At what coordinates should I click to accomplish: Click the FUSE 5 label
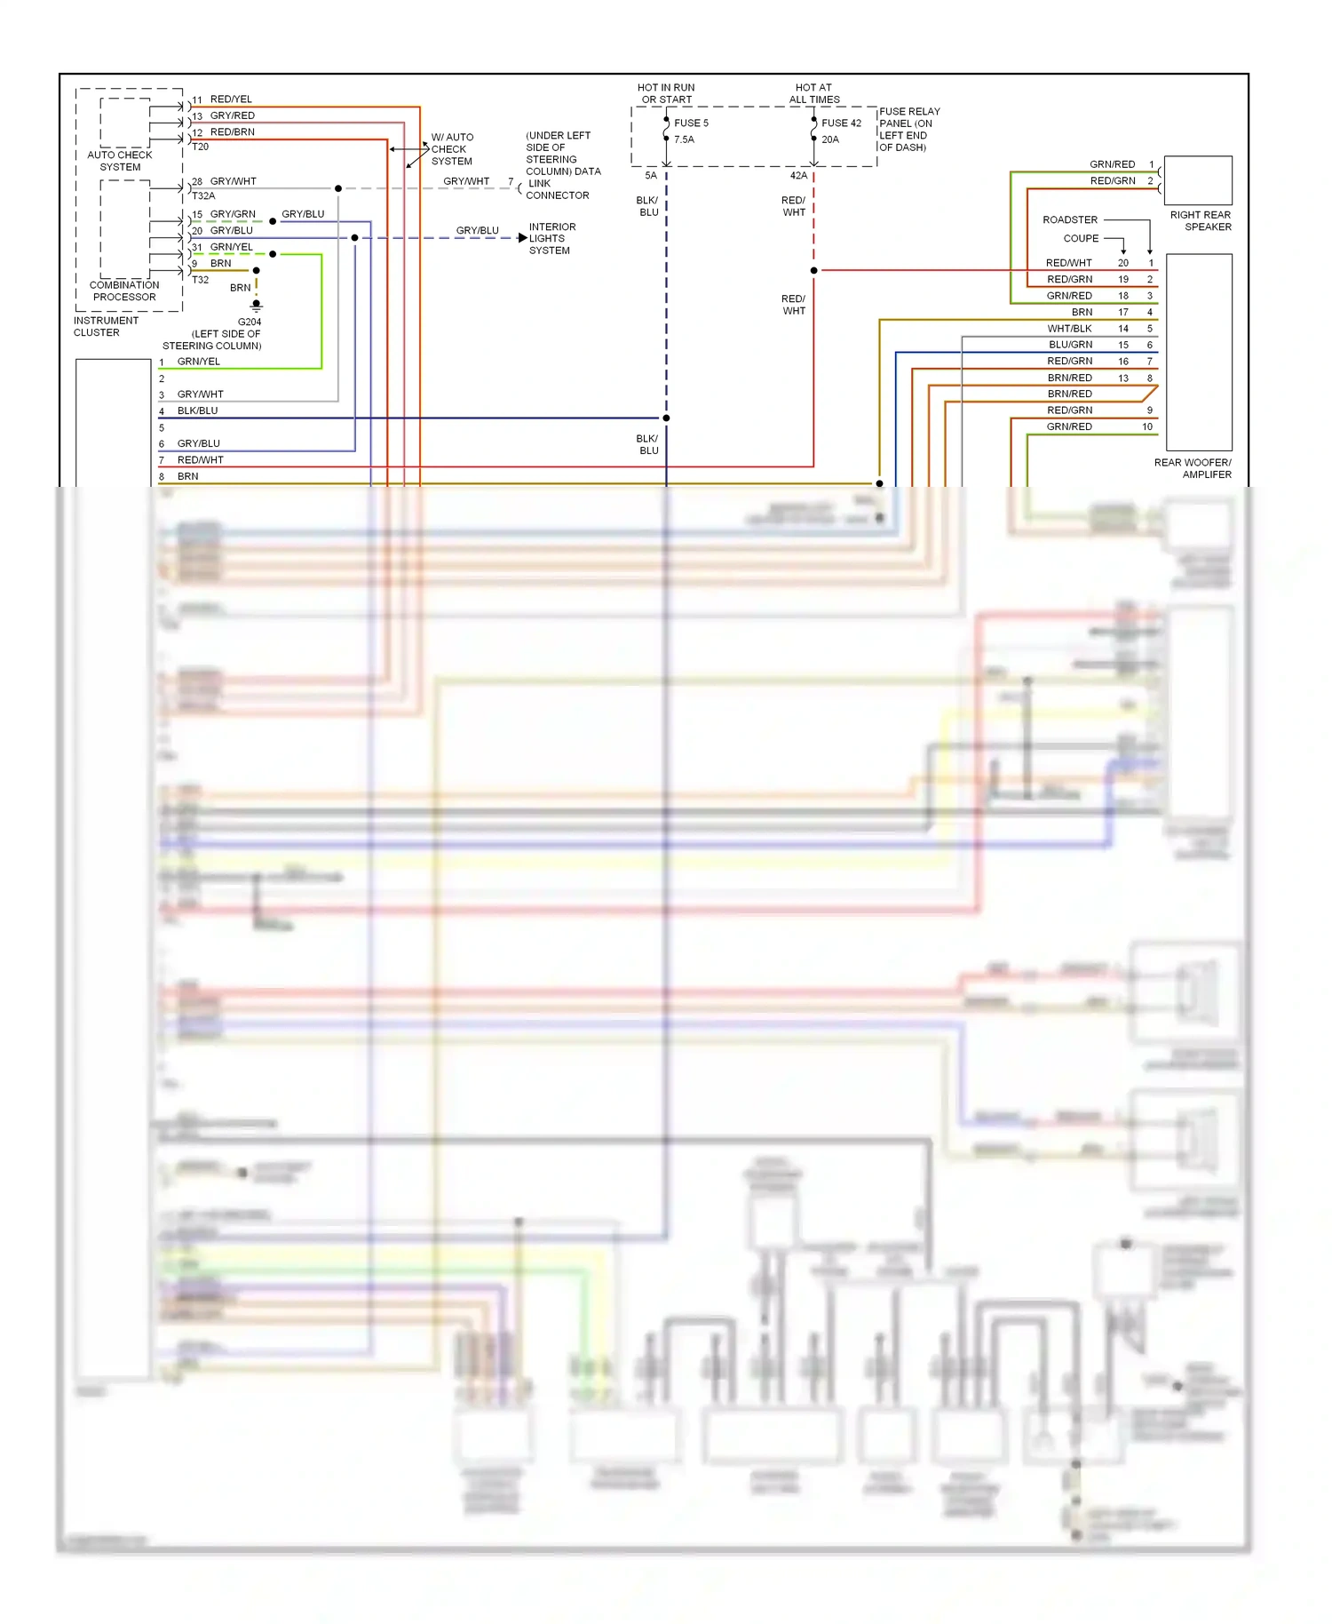(x=691, y=123)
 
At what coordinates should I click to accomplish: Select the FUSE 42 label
(x=841, y=123)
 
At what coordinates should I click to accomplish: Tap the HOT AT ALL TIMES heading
(x=813, y=93)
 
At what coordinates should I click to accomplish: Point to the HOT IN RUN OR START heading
(x=666, y=93)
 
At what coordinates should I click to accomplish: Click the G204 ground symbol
(x=257, y=305)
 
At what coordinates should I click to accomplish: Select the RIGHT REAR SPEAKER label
(x=1201, y=220)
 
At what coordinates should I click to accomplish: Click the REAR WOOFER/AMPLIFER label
(x=1193, y=468)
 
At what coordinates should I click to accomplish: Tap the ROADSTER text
(x=1070, y=219)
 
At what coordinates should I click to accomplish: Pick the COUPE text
(x=1081, y=238)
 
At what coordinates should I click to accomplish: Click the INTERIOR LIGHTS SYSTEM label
(x=551, y=239)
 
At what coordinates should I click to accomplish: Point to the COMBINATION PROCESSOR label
(x=124, y=291)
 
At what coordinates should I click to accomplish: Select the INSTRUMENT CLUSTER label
(x=106, y=326)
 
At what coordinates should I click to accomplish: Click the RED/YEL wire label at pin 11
(x=231, y=99)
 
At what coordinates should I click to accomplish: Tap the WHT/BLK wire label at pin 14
(x=1069, y=329)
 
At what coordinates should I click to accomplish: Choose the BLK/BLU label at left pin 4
(x=197, y=410)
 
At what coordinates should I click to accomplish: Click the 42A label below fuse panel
(x=798, y=176)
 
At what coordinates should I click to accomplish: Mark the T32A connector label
(x=203, y=195)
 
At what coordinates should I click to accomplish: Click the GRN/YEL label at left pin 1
(x=198, y=362)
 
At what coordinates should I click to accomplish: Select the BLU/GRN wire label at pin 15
(x=1070, y=345)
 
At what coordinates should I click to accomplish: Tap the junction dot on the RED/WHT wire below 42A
(x=813, y=270)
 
